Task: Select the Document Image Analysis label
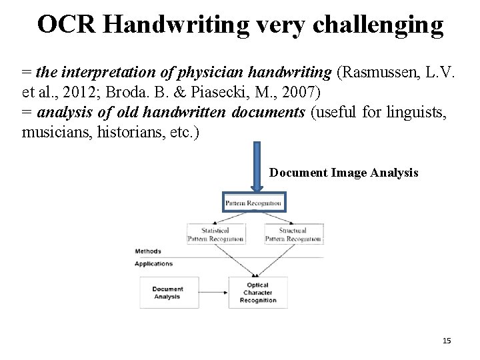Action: pos(343,173)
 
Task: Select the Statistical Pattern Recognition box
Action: pos(215,234)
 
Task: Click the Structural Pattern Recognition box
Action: pos(293,234)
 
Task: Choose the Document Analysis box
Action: pos(168,293)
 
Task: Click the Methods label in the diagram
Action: pos(148,251)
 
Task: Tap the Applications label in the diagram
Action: pos(153,263)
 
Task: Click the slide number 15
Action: pos(447,341)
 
